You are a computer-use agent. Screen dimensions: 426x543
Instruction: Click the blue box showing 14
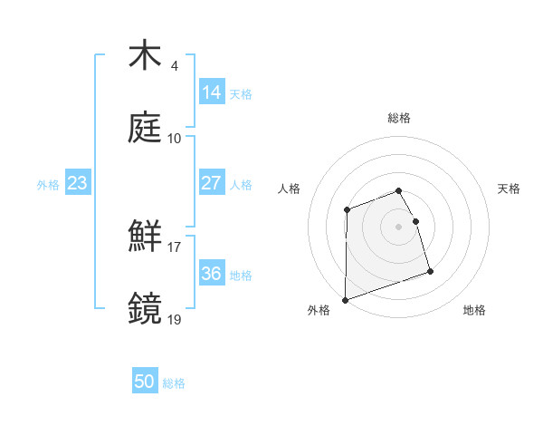(x=212, y=92)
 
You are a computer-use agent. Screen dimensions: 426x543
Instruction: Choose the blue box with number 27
(x=212, y=183)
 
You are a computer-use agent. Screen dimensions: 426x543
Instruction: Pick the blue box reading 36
(x=212, y=274)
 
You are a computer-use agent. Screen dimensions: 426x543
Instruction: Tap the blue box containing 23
(x=78, y=183)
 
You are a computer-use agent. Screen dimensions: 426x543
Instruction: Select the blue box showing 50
(x=145, y=382)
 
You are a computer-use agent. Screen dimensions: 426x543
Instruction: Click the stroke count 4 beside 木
(x=174, y=66)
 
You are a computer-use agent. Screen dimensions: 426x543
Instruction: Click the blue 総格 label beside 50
(x=174, y=383)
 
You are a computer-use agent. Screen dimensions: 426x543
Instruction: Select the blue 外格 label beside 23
(x=48, y=184)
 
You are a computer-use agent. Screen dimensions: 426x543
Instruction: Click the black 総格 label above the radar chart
(x=399, y=118)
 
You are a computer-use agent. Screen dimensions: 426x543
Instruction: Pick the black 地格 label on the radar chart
(x=474, y=311)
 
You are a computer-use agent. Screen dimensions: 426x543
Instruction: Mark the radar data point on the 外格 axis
(x=345, y=300)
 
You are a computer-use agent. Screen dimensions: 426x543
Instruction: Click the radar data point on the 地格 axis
(x=430, y=271)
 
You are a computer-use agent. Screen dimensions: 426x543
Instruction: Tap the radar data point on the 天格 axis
(x=415, y=221)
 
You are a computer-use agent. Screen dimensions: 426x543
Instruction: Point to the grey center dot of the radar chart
(x=398, y=227)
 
